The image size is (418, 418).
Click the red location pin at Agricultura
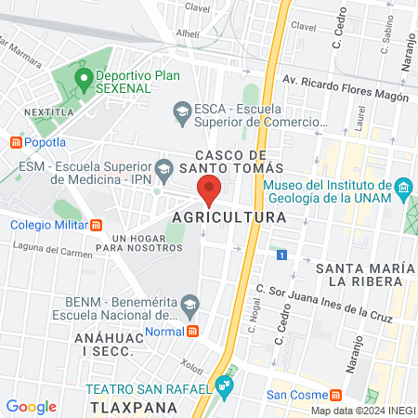coord(209,189)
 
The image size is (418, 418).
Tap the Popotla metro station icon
coord(15,142)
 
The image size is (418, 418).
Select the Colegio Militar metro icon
coord(96,224)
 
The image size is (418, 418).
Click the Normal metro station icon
coord(191,331)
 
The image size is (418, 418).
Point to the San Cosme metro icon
coord(349,394)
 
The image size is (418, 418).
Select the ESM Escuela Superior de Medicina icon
coord(164,168)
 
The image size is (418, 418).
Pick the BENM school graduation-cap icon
coord(189,303)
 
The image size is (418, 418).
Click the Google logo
coord(31,406)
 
